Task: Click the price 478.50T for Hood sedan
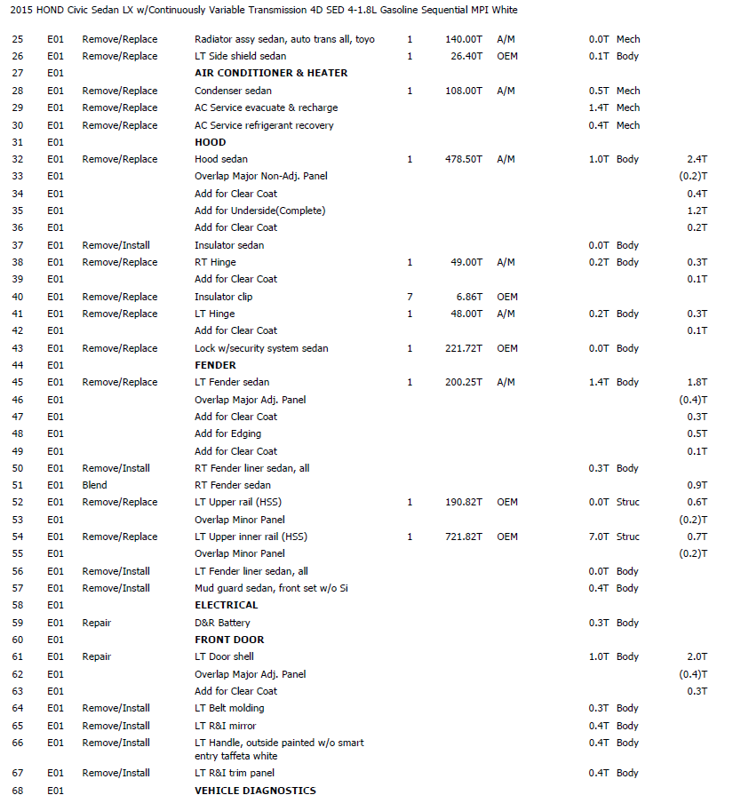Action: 464,160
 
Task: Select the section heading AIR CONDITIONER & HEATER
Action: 271,73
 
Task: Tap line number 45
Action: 18,382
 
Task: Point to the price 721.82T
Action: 464,537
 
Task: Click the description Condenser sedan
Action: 233,91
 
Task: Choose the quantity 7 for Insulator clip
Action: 410,297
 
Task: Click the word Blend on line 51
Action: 94,485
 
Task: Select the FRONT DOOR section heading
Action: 229,640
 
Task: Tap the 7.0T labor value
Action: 599,537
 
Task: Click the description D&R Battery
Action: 222,623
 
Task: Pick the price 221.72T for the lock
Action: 464,348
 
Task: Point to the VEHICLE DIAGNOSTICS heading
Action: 255,790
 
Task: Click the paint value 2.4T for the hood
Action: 697,160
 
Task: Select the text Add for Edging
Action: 227,433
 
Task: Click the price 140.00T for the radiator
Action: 464,39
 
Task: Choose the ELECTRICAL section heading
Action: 227,605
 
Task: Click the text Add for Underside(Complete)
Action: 259,211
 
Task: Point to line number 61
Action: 18,656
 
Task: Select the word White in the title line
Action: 504,10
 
